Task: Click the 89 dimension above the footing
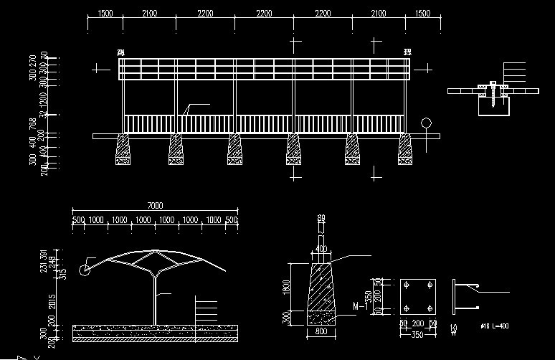click(321, 218)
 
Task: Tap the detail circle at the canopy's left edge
click(85, 269)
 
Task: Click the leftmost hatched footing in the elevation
click(123, 151)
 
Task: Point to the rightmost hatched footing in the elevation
click(406, 151)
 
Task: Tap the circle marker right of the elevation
click(427, 123)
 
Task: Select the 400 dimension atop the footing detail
click(321, 249)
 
